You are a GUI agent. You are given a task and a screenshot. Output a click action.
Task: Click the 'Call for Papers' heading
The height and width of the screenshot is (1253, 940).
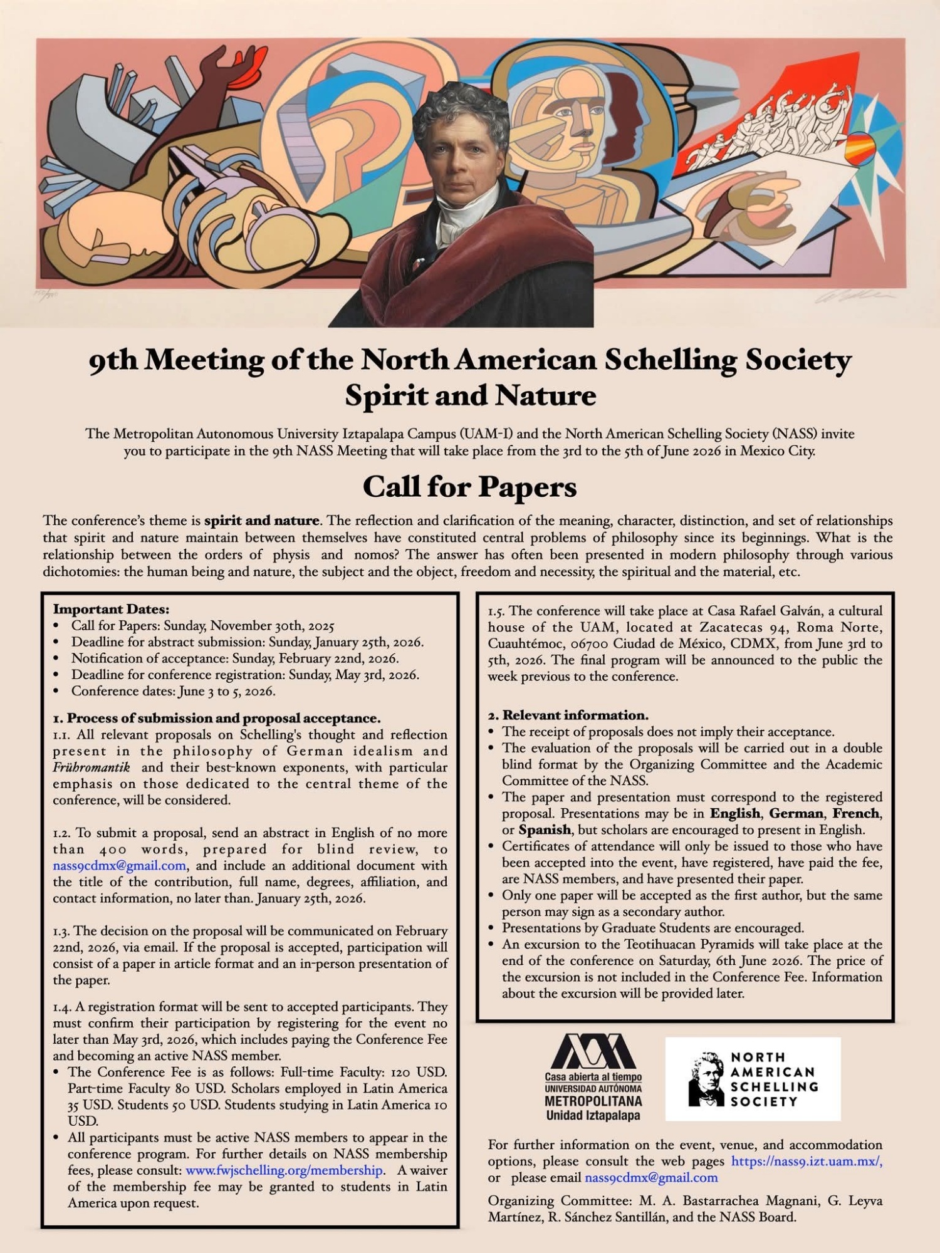point(469,487)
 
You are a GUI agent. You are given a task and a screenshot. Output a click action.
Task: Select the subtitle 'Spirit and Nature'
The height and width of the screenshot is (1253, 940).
point(470,395)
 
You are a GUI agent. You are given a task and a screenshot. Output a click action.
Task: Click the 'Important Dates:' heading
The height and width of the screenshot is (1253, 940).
point(111,609)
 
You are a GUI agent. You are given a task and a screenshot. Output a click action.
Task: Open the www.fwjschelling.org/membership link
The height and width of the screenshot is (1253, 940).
point(284,1170)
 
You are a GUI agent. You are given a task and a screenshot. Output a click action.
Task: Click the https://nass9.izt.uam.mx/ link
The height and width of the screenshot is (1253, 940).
point(807,1161)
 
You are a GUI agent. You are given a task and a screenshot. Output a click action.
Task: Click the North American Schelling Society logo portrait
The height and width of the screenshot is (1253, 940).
point(706,1079)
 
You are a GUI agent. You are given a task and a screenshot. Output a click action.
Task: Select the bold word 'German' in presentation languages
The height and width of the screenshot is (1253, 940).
point(796,813)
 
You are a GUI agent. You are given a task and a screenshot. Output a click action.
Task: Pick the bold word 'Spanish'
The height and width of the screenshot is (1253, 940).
point(545,829)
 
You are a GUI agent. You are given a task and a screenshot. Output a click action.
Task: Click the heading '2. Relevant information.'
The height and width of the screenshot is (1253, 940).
point(568,715)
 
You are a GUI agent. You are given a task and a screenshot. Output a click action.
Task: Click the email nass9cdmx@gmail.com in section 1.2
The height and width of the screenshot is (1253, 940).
point(119,866)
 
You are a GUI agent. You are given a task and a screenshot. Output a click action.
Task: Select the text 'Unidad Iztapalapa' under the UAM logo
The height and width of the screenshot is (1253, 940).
point(593,1115)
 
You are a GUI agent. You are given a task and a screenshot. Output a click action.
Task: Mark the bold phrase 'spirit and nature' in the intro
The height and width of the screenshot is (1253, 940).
point(262,521)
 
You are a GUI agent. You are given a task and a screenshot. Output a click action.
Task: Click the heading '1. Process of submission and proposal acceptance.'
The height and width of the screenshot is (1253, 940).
point(217,718)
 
